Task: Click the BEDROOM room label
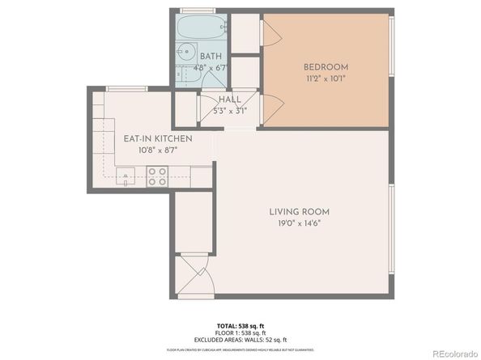point(326,66)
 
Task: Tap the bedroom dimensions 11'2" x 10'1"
point(326,79)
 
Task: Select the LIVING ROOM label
point(299,212)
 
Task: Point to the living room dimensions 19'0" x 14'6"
point(299,225)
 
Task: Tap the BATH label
point(211,56)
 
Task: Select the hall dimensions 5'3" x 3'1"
point(229,111)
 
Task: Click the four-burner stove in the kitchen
point(157,176)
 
